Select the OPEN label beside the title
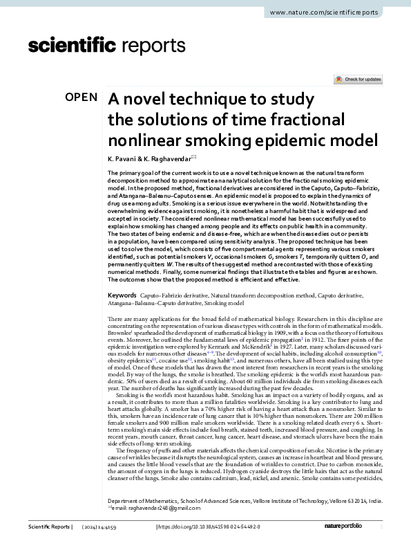click(81, 98)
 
